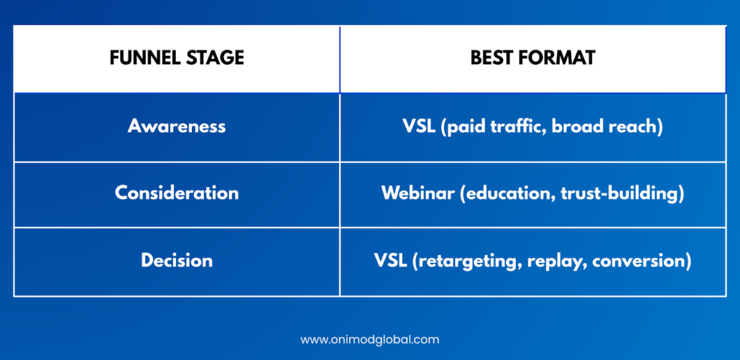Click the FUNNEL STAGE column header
click(x=177, y=58)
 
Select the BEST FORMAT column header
click(x=533, y=58)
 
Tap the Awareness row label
click(x=177, y=126)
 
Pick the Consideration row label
click(x=177, y=193)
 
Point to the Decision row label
click(x=177, y=260)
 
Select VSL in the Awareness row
click(x=419, y=127)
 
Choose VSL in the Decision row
click(x=391, y=260)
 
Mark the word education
click(x=504, y=194)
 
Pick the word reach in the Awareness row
click(x=632, y=127)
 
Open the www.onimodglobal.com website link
click(x=369, y=340)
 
